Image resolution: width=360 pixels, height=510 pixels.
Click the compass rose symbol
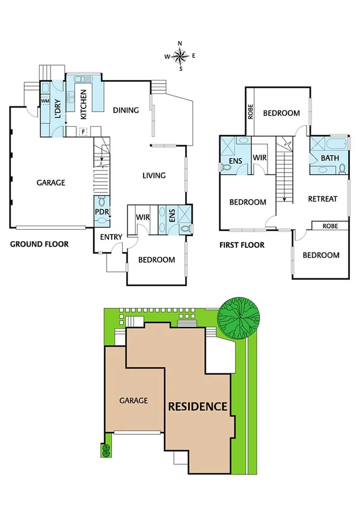point(180,55)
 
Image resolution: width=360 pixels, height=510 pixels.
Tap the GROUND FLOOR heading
point(39,244)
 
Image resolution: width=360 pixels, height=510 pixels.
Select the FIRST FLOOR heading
point(242,245)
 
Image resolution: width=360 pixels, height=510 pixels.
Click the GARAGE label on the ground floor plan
point(50,183)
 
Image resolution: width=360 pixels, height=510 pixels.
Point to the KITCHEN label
point(84,103)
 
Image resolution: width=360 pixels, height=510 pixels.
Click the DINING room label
point(126,110)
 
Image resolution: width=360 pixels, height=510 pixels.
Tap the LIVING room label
point(154,176)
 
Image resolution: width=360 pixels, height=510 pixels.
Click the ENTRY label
point(111,237)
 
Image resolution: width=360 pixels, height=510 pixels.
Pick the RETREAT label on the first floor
point(322,199)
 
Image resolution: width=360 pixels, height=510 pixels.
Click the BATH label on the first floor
point(329,158)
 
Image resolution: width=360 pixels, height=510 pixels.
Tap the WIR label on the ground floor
point(142,217)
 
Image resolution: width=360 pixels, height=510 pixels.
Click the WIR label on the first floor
point(260,158)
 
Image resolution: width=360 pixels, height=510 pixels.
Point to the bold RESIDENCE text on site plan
point(197,407)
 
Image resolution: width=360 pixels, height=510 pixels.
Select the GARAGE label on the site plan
point(133,400)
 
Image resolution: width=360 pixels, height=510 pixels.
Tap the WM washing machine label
point(44,100)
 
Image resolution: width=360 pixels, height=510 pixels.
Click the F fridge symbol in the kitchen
point(83,130)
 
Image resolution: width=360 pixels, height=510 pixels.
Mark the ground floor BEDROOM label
point(156,260)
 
